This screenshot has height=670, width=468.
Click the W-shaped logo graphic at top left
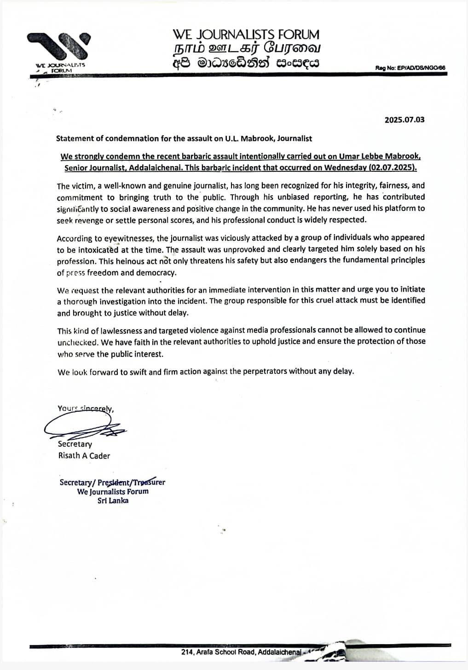(58, 47)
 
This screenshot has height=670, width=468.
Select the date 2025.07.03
(404, 120)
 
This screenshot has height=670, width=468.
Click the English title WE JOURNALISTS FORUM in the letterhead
(246, 35)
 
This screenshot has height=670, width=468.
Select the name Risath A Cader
(84, 455)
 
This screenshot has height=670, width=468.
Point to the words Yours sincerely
(86, 408)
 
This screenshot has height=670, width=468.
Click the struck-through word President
(113, 483)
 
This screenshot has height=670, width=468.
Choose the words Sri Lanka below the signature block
(113, 501)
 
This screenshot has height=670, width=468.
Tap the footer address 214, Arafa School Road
(219, 652)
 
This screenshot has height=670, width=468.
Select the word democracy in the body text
(159, 272)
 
